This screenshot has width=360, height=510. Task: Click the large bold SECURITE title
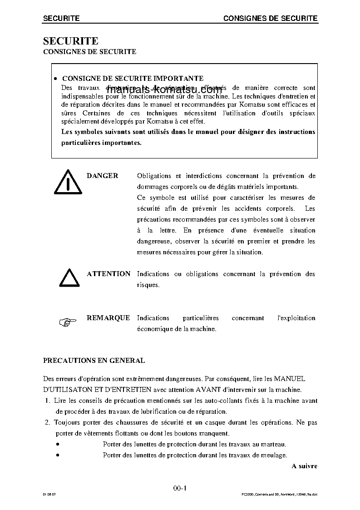[x=70, y=41]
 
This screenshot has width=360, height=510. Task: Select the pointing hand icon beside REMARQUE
[x=67, y=322]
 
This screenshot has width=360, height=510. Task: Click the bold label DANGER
[x=102, y=176]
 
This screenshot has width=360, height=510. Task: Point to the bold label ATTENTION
[x=108, y=274]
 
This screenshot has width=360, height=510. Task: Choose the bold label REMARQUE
[x=108, y=318]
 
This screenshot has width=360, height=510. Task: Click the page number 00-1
[x=180, y=488]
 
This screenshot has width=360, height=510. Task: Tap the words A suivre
[x=304, y=466]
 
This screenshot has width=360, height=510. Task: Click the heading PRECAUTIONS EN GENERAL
[x=94, y=361]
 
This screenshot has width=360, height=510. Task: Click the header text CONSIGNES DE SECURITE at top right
[x=270, y=18]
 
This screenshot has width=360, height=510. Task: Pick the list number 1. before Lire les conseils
[x=48, y=401]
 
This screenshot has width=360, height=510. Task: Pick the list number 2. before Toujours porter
[x=48, y=422]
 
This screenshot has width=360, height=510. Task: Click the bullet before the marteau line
[x=58, y=444]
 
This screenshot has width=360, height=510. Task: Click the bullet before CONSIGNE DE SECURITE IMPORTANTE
[x=55, y=79]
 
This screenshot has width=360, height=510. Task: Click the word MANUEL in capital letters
[x=290, y=378]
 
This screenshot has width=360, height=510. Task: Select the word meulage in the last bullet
[x=276, y=455]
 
